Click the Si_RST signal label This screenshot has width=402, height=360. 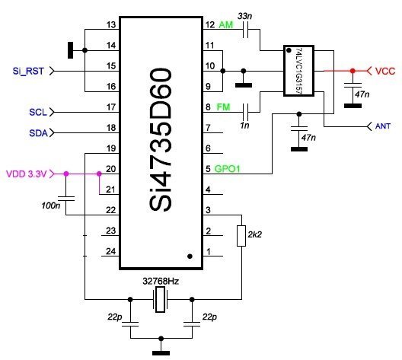tap(28, 71)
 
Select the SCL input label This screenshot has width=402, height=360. tap(38, 112)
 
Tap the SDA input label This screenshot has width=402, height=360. tap(39, 133)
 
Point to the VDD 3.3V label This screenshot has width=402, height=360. tap(27, 174)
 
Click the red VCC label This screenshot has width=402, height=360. tap(385, 72)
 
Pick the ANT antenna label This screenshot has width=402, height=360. tap(383, 126)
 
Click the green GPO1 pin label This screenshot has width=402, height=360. tap(227, 169)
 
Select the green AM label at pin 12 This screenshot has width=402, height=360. tap(226, 25)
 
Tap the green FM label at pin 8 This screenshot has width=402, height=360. tap(224, 107)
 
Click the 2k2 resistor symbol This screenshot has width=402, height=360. tap(241, 236)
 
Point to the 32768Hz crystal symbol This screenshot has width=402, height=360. tap(161, 300)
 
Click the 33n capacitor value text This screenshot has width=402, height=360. tap(244, 16)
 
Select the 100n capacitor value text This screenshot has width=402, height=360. tap(51, 205)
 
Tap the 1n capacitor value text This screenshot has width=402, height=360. tap(244, 126)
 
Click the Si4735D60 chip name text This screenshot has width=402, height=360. tap(161, 139)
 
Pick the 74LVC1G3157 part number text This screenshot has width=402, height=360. tap(299, 71)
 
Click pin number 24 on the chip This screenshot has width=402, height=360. tap(110, 251)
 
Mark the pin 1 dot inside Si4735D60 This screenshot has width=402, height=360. tap(190, 256)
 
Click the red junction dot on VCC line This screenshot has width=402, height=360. tap(353, 71)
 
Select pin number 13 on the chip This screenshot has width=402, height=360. tap(111, 25)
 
